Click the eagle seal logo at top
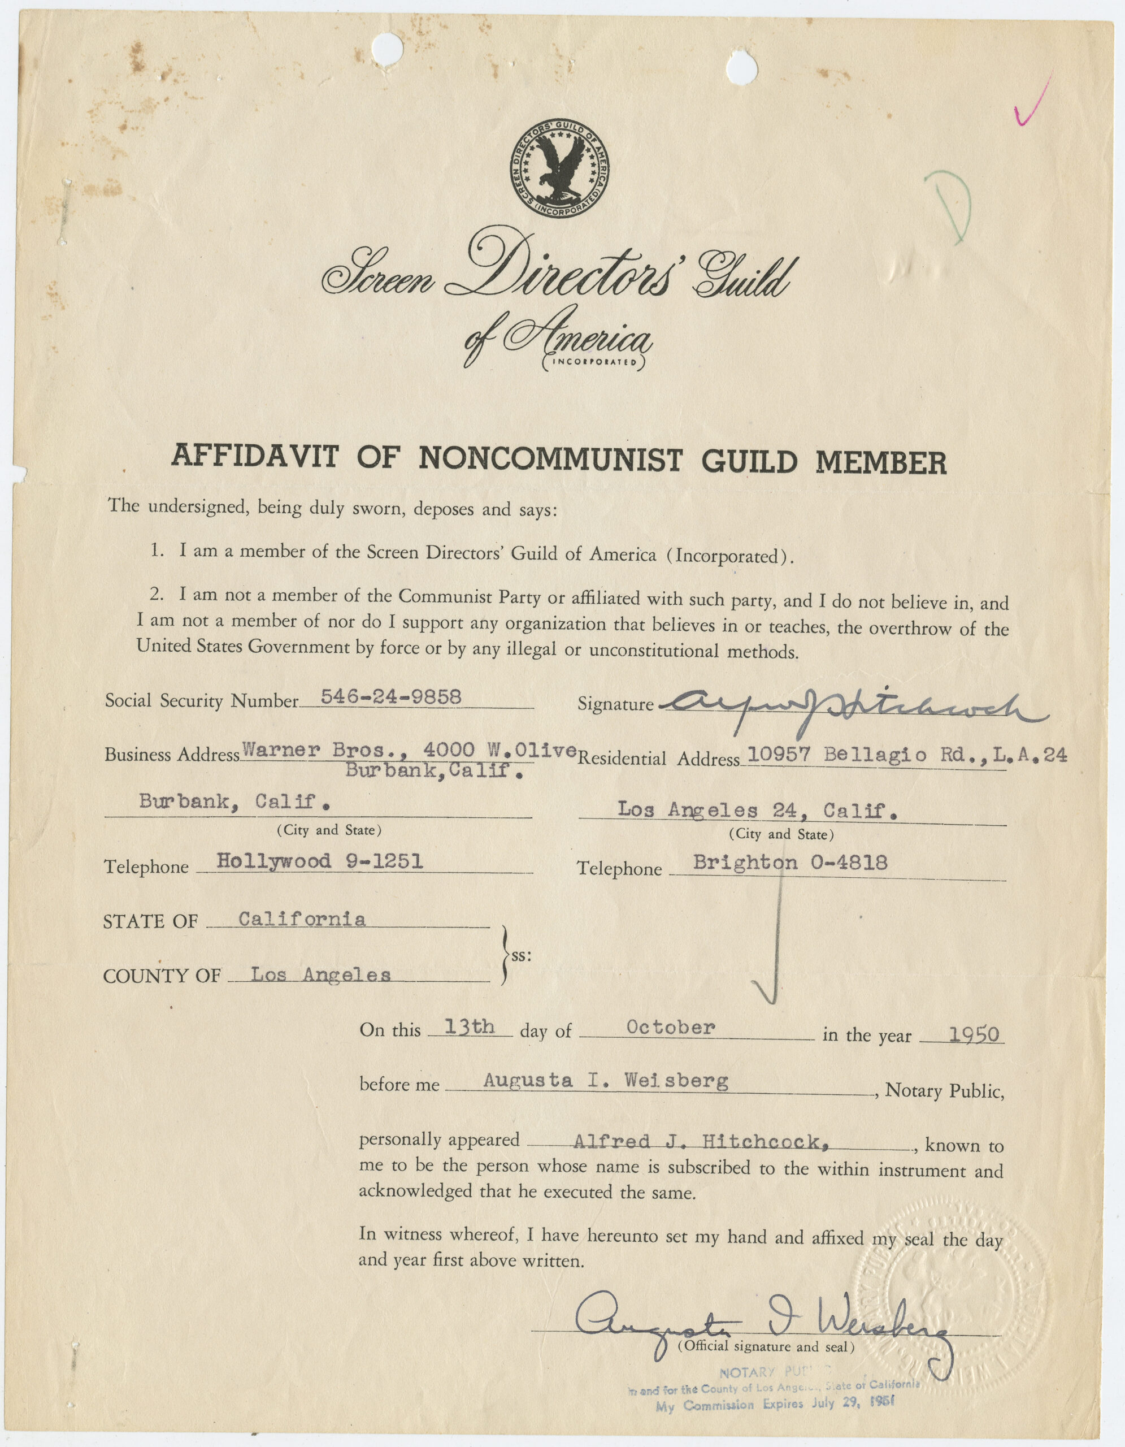(559, 168)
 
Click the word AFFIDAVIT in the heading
(255, 457)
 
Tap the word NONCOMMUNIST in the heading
(550, 458)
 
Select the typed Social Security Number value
(390, 696)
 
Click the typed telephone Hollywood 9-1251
(320, 861)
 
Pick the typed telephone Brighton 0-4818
(790, 863)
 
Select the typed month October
(671, 1028)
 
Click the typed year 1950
(974, 1035)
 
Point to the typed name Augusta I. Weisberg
(605, 1081)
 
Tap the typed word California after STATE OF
(302, 920)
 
